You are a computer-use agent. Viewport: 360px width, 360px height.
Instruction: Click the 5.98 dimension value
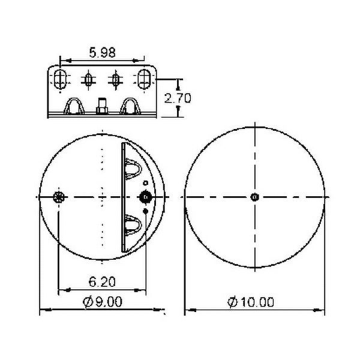tap(102, 53)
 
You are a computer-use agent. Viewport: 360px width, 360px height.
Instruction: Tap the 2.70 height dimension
tap(178, 98)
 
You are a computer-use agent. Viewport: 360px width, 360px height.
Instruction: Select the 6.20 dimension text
tap(102, 282)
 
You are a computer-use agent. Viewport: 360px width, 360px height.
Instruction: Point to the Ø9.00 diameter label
tap(102, 302)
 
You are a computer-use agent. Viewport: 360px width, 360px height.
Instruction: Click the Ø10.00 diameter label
tap(251, 302)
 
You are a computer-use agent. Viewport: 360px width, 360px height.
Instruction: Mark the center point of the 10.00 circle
tap(255, 197)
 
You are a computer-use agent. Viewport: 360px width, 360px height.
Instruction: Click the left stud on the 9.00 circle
tap(59, 197)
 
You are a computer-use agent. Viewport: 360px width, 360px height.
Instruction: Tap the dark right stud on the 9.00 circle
tap(146, 197)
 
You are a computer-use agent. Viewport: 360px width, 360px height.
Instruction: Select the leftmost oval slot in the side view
tap(60, 79)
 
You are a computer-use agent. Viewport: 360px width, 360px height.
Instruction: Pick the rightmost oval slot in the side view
tap(144, 79)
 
